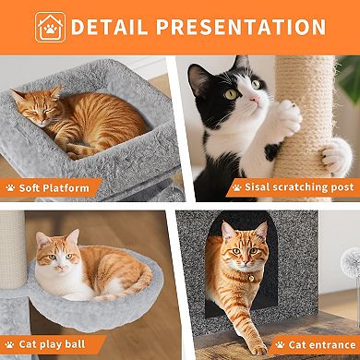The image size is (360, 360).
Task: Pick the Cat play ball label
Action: click(x=57, y=345)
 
